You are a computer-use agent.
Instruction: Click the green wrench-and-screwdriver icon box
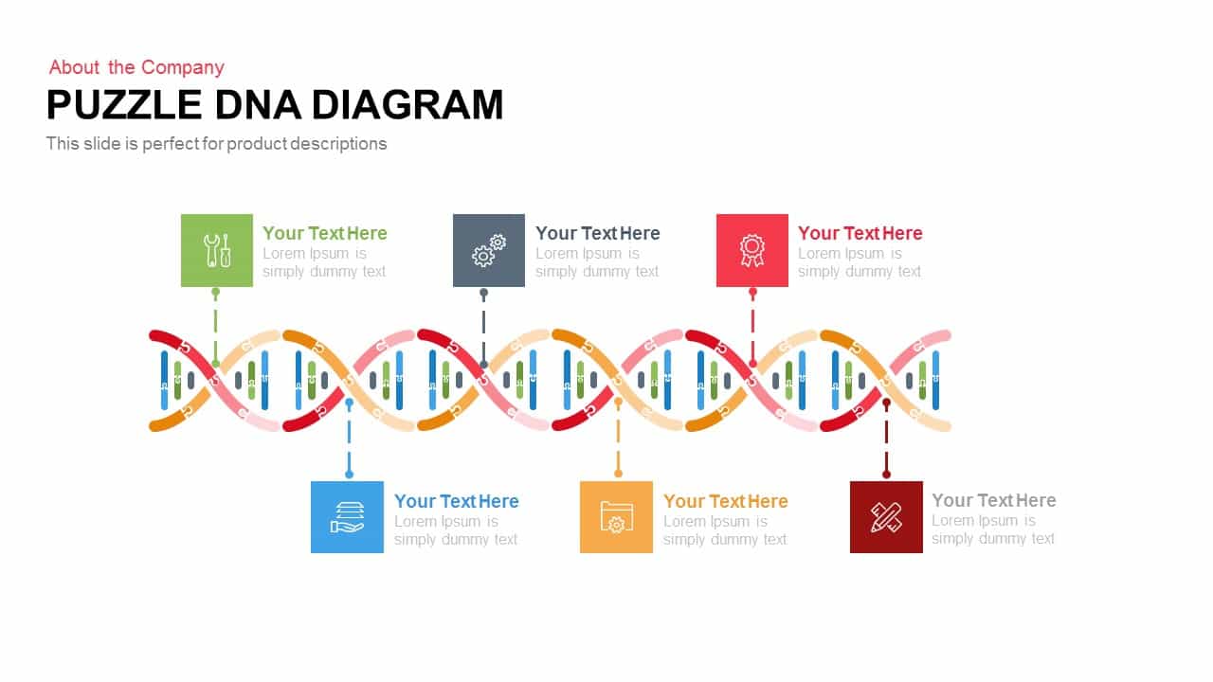coord(217,250)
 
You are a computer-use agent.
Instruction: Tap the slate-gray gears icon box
coord(489,250)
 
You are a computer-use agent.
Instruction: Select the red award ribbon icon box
coord(752,250)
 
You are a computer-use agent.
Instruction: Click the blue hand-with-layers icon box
coord(347,517)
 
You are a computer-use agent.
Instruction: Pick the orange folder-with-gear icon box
coord(616,517)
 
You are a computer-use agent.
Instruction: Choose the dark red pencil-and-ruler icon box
coord(886,517)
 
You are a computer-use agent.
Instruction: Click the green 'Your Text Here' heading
coord(325,233)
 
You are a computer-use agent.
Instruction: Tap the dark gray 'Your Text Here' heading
coord(598,233)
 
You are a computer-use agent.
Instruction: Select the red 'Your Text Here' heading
coord(860,233)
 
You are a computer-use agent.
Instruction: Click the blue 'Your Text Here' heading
coord(457,501)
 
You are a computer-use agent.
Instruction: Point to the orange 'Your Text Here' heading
coord(726,501)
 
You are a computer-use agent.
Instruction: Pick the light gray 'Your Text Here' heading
coord(994,500)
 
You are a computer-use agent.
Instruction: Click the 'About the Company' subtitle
coord(136,67)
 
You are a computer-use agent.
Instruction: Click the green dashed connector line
coord(215,327)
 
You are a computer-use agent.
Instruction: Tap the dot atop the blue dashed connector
coord(349,403)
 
